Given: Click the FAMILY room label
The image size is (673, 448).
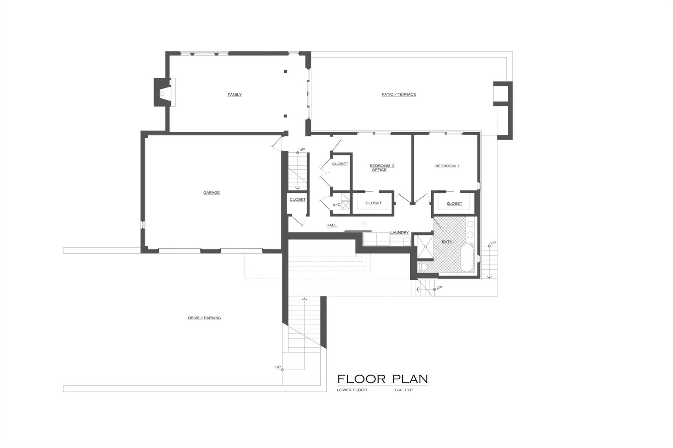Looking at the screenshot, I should (234, 94).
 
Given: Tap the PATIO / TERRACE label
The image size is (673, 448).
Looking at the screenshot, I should (399, 94).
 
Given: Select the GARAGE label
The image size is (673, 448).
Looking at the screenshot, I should (211, 192).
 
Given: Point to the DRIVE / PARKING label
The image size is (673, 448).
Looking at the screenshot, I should (204, 318).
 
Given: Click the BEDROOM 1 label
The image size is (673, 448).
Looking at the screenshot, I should (447, 166).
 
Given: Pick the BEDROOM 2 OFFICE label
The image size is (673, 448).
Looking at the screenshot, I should (382, 168).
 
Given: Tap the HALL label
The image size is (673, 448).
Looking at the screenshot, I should (331, 225).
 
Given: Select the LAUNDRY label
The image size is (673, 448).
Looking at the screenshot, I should (399, 232).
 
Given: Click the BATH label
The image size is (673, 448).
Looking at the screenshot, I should (447, 241).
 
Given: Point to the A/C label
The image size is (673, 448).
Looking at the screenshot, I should (336, 205).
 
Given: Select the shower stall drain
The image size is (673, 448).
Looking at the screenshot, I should (425, 246).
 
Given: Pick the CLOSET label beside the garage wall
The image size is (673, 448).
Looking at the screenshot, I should (297, 199).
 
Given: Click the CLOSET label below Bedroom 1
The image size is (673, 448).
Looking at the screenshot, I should (454, 203).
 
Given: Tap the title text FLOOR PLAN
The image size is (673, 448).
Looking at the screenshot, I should (382, 379).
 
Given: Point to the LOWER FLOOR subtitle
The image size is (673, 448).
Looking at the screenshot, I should (352, 390).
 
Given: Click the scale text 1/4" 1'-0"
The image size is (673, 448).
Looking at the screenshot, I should (403, 390).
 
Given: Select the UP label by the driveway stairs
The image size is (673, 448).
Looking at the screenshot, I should (278, 367).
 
